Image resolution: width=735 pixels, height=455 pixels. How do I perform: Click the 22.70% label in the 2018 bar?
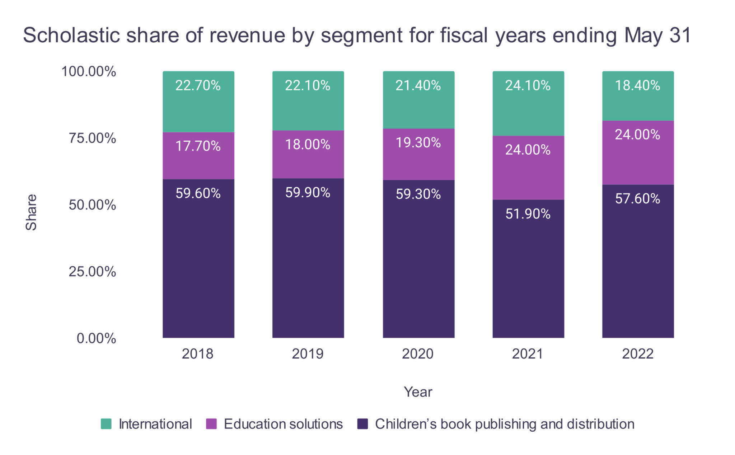(x=198, y=85)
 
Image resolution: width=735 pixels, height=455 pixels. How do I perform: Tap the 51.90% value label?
(x=528, y=214)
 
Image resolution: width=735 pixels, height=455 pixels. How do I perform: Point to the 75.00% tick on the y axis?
(x=92, y=138)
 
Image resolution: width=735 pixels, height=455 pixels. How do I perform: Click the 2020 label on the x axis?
(x=418, y=354)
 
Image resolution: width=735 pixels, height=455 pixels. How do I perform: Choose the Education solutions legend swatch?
(x=211, y=424)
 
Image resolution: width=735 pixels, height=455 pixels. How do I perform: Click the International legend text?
(x=155, y=424)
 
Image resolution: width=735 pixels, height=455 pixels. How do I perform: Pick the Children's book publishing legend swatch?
(x=362, y=424)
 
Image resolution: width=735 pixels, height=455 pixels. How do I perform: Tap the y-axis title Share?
(x=31, y=212)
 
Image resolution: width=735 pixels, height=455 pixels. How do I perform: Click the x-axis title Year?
(x=418, y=392)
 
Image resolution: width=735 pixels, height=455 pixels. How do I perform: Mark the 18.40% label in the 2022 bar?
(x=637, y=85)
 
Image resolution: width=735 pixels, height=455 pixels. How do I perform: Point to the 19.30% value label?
(x=418, y=143)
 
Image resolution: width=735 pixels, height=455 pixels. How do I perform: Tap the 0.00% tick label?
(x=96, y=338)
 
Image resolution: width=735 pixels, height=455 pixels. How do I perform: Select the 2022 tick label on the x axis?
(x=638, y=354)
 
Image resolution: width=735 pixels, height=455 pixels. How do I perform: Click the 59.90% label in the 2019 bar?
(x=308, y=193)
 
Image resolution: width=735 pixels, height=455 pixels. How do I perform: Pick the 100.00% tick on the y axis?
(x=89, y=71)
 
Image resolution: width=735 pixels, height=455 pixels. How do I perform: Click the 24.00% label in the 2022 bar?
(x=637, y=135)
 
